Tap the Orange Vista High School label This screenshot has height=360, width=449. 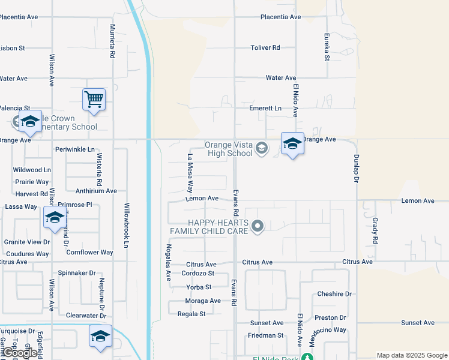[x=229, y=149]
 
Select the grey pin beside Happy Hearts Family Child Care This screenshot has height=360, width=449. [x=258, y=226]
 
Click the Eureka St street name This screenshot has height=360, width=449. [x=327, y=47]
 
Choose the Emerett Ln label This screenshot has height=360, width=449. [x=265, y=108]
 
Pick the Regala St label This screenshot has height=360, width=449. [x=191, y=314]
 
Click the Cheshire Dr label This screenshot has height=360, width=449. [x=334, y=294]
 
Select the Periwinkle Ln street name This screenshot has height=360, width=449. [x=75, y=149]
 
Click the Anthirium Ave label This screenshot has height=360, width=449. [x=96, y=191]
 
